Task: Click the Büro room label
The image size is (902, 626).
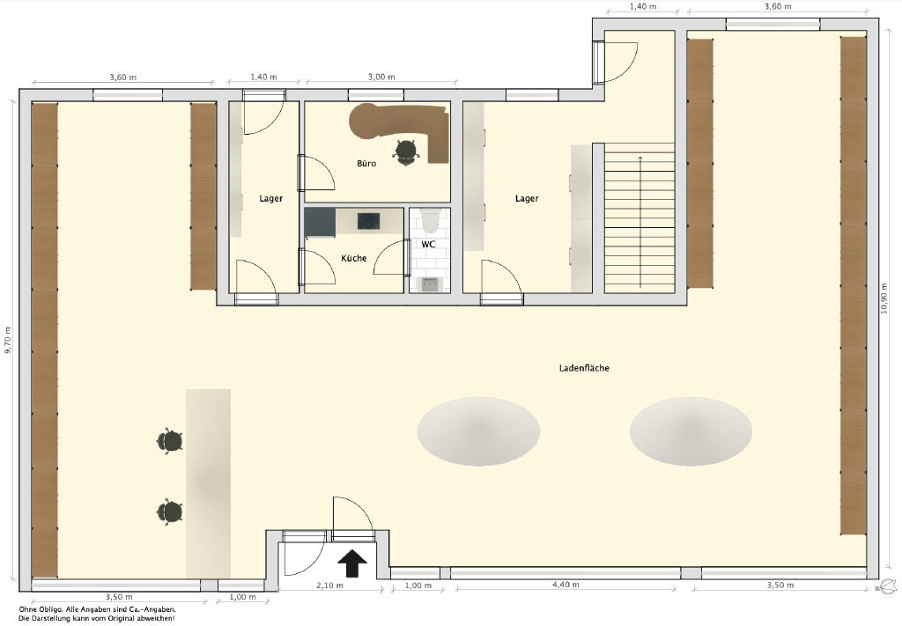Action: [x=366, y=164]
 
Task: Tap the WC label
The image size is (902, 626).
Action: [x=429, y=244]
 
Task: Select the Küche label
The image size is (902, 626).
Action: [x=354, y=258]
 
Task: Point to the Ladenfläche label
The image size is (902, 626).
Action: [x=584, y=368]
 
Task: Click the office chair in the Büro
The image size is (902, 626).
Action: [x=406, y=152]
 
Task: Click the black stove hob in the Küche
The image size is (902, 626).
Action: [x=369, y=221]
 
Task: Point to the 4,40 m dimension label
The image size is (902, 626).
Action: [x=566, y=585]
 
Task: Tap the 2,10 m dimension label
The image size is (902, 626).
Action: [x=329, y=585]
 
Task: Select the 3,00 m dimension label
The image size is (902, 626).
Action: [x=381, y=77]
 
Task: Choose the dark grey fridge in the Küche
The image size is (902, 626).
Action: [x=320, y=223]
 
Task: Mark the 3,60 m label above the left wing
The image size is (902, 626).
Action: [x=122, y=77]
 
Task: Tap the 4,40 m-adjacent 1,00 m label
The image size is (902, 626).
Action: [x=418, y=585]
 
